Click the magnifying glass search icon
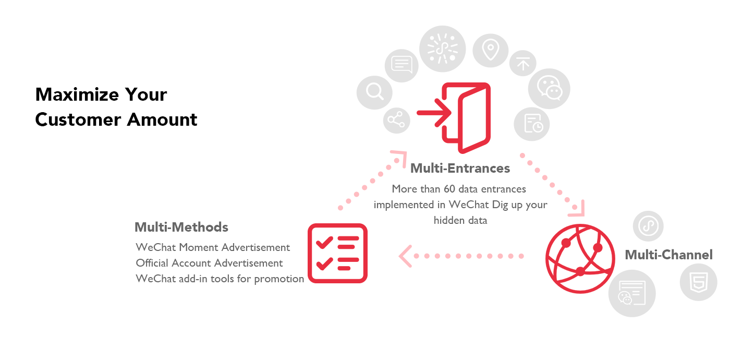374,92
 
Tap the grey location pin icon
491,51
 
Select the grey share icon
396,121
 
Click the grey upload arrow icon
522,63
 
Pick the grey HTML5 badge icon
698,282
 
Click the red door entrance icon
454,118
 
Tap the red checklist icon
338,254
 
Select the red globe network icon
580,259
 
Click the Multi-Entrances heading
460,168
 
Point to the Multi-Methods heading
181,227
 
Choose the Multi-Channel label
668,255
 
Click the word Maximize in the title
77,94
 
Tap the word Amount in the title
162,119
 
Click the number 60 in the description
449,189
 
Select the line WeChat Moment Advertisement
213,247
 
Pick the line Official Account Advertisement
209,263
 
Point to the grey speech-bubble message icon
401,65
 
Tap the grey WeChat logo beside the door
549,88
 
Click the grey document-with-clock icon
532,124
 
